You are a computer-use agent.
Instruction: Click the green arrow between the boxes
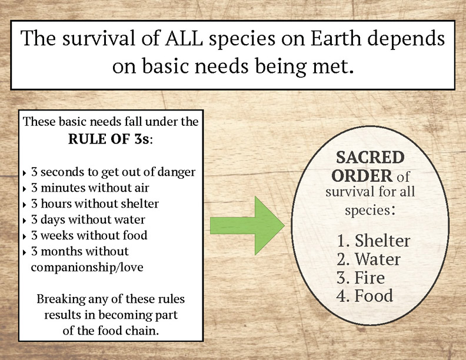[x=247, y=226]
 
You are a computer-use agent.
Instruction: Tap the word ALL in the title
[x=184, y=39]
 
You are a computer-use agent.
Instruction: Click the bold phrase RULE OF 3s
[x=108, y=139]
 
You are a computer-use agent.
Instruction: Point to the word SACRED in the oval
[x=370, y=158]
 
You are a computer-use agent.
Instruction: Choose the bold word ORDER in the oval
[x=362, y=176]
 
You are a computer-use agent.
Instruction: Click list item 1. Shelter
[x=373, y=241]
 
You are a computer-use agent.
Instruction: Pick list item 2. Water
[x=368, y=259]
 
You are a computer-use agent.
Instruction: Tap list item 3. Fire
[x=361, y=278]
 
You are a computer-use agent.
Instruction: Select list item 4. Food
[x=365, y=295]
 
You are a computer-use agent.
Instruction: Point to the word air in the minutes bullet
[x=142, y=188]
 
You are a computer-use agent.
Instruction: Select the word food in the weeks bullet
[x=135, y=235]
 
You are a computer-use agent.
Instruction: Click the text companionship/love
[x=87, y=267]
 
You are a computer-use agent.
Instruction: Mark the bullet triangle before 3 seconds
[x=25, y=172]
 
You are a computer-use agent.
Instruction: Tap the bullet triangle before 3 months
[x=25, y=252]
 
